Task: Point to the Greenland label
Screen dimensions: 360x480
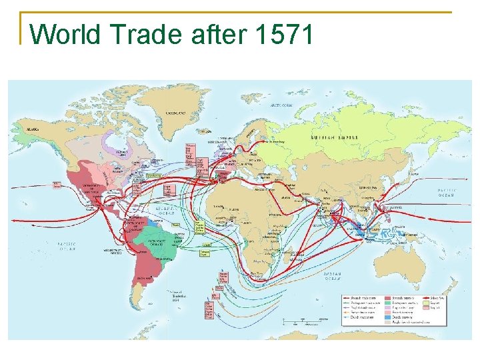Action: pyautogui.click(x=176, y=113)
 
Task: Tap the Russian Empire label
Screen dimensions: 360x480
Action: pyautogui.click(x=334, y=137)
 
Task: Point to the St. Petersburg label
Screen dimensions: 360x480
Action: pyautogui.click(x=279, y=142)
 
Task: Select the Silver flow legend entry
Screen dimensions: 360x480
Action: pyautogui.click(x=437, y=297)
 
